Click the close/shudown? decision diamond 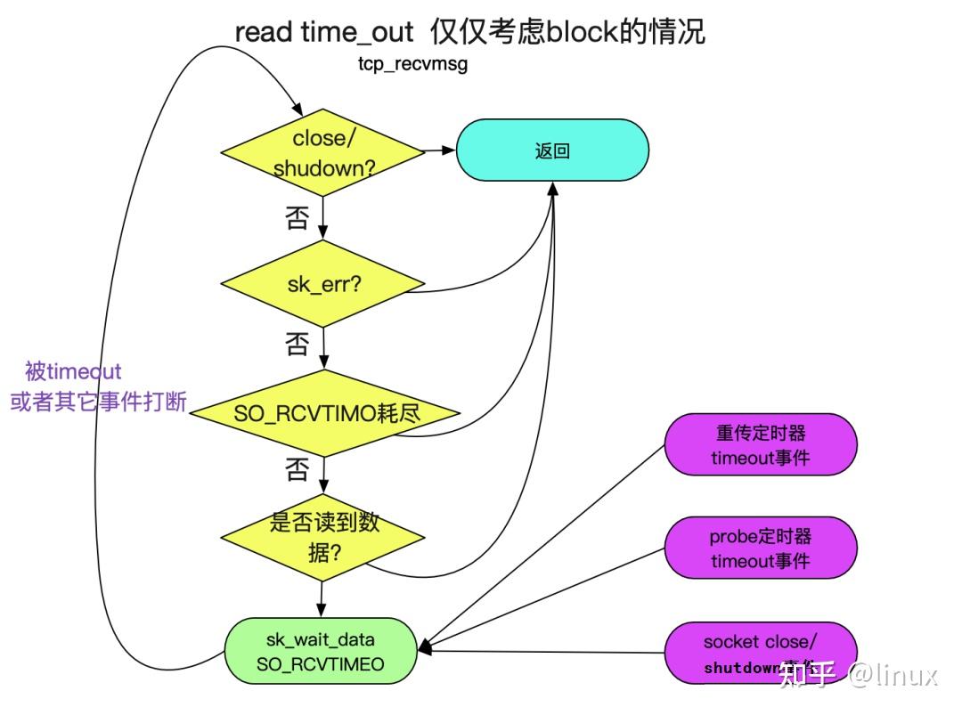(x=322, y=153)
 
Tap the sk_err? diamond (x=322, y=284)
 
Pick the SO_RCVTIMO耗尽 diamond (x=326, y=413)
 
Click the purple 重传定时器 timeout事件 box (x=760, y=445)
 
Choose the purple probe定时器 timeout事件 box (x=760, y=548)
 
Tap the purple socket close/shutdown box (x=760, y=654)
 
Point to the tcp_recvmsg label (x=412, y=64)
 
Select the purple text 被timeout (x=73, y=371)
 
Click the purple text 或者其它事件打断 (x=98, y=402)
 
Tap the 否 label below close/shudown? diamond (x=298, y=218)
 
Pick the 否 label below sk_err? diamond (x=298, y=344)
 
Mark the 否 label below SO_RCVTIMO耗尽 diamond (x=298, y=469)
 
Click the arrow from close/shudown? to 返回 (x=440, y=151)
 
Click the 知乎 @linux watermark (x=858, y=674)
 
